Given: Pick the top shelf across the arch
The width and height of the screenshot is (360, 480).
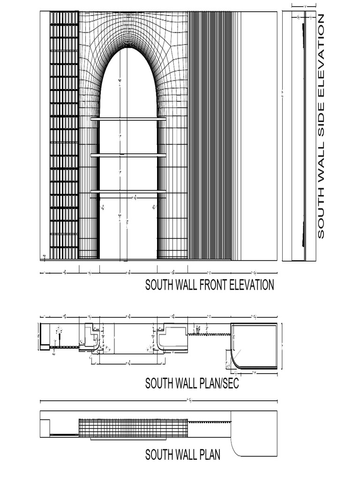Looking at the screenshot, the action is pos(128,120).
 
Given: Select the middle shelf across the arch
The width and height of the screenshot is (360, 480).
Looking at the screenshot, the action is pos(128,155).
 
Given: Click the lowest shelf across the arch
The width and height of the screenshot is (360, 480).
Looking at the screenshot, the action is pos(128,191).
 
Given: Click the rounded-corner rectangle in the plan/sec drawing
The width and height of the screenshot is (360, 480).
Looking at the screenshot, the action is pos(255,346).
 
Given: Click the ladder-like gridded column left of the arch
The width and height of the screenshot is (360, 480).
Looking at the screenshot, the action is pos(64,136).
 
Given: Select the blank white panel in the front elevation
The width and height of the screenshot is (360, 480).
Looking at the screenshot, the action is pos(259,136).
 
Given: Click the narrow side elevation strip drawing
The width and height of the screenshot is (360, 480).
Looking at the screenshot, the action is pos(299,136).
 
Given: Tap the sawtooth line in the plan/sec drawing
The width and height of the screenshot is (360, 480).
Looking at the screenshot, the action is pos(209,334).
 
